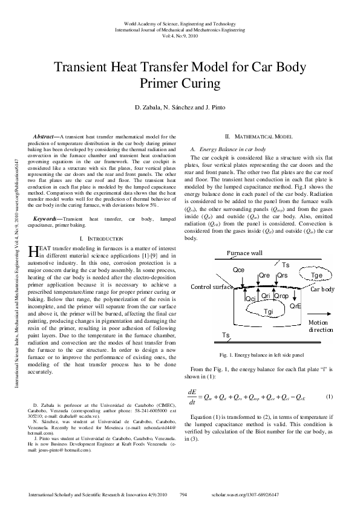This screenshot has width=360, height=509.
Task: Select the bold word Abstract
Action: pos(45,137)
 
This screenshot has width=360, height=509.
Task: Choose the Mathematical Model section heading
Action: pos(259,138)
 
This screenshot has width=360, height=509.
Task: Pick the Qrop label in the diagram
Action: pos(282,296)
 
